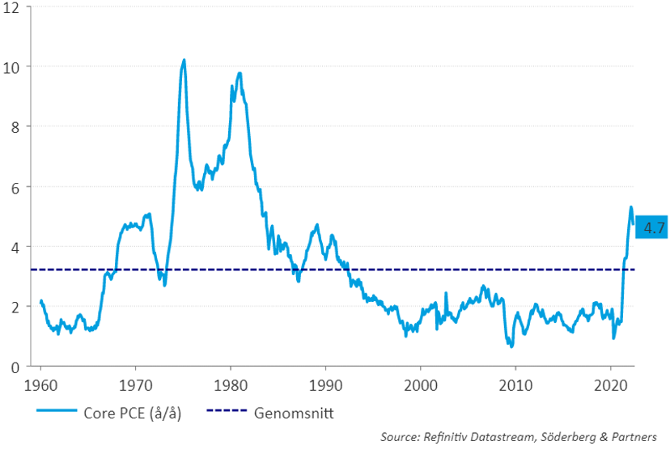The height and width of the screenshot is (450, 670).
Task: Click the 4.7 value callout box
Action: [652, 228]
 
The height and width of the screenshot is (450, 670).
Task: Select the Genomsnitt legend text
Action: [294, 414]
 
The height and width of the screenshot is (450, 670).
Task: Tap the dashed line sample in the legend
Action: [228, 414]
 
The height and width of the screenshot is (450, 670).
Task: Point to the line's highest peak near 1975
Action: [184, 60]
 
